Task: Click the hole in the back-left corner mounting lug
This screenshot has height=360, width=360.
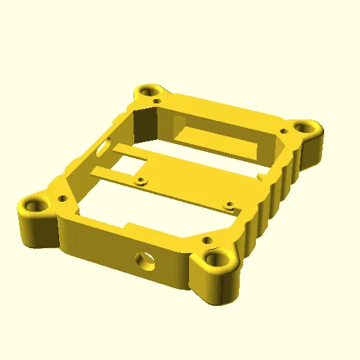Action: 148,91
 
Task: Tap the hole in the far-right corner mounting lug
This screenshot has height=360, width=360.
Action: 304,128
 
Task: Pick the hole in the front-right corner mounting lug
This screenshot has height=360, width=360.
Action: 214,259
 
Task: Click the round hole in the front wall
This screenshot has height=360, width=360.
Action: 146,259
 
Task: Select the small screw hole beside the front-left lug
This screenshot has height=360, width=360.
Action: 63,199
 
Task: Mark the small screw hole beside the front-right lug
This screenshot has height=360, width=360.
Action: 208,243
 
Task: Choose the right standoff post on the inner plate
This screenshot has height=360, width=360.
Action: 228,206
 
